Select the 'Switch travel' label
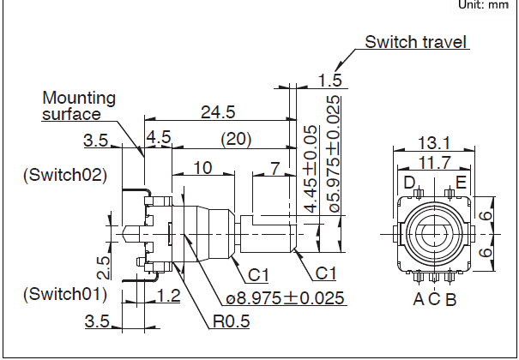click(x=416, y=41)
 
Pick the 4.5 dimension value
click(x=159, y=138)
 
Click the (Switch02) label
click(x=65, y=175)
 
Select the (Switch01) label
click(x=65, y=294)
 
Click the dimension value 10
click(x=202, y=168)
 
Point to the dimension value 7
click(x=274, y=168)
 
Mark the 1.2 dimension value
click(x=168, y=295)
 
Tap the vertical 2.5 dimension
click(x=101, y=267)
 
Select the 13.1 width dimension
click(x=434, y=142)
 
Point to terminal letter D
click(x=409, y=182)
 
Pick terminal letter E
click(x=461, y=182)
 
